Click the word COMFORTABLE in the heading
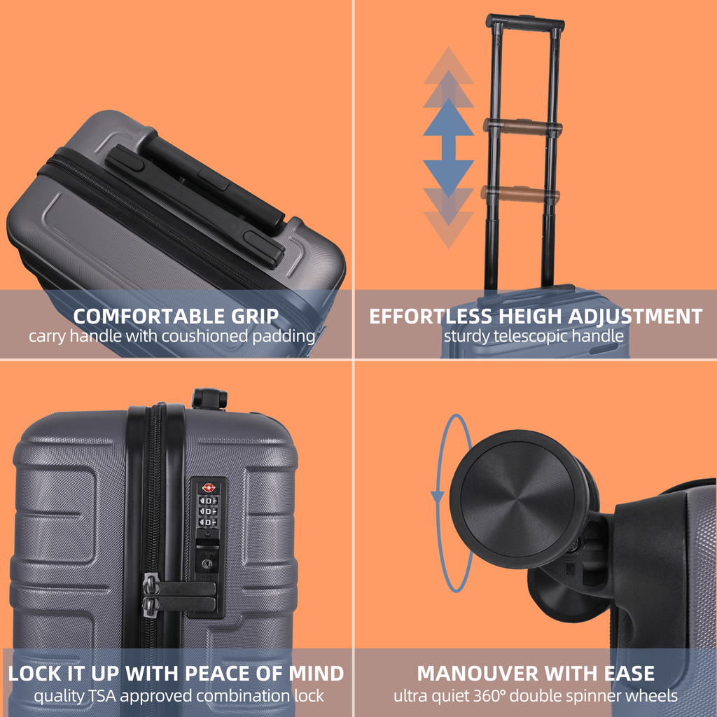[x=148, y=316]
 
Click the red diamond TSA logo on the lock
[x=208, y=488]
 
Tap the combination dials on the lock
[x=207, y=511]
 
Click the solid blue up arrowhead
[x=448, y=118]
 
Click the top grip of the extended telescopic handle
[x=525, y=22]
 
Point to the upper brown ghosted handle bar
[x=522, y=127]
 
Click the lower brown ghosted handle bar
[x=520, y=194]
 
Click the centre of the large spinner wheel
[x=517, y=499]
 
